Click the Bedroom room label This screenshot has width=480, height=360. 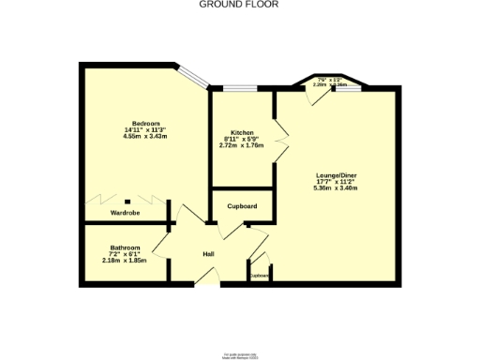tap(144, 125)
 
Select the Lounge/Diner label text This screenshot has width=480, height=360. tap(336, 175)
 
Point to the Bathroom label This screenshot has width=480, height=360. tap(125, 247)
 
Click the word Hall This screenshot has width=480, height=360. tap(210, 255)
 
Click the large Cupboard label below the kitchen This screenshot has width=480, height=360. tap(242, 206)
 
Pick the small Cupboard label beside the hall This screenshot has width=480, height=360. tap(260, 276)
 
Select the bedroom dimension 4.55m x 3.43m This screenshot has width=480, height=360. tap(144, 137)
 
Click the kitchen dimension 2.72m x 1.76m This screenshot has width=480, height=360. tap(241, 145)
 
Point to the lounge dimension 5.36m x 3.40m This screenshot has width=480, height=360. tap(336, 188)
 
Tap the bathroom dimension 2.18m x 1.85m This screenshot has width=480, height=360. tap(125, 261)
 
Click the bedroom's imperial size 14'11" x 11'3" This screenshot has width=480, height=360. tap(144, 130)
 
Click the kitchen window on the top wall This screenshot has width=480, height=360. tap(241, 89)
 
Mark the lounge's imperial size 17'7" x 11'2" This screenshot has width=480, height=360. tap(336, 182)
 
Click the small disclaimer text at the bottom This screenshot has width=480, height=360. tap(240, 355)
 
